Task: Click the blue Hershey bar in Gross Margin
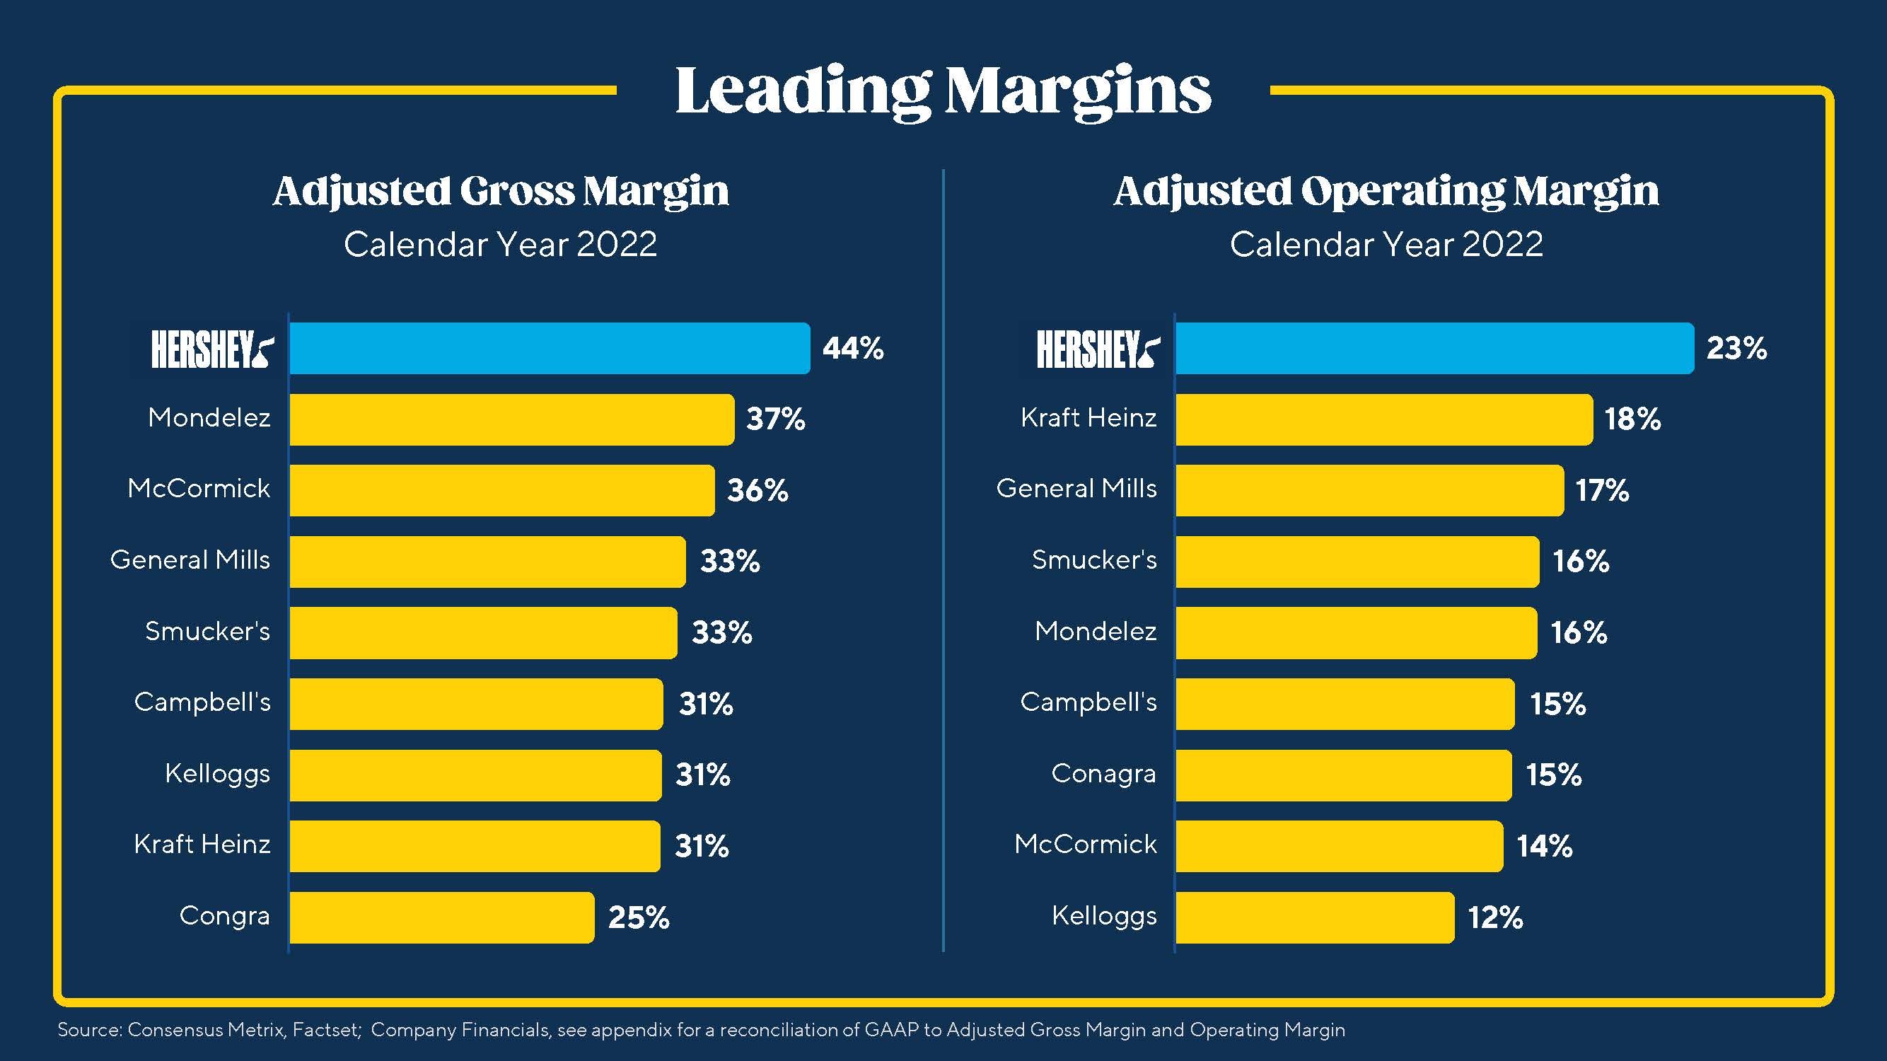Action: (550, 348)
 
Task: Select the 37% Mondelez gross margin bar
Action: (511, 419)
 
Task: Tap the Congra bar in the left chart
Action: (442, 917)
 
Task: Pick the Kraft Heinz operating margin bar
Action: (1383, 419)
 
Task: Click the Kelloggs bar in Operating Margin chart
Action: (1315, 917)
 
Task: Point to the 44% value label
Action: (853, 348)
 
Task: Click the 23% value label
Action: (1736, 348)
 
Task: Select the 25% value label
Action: (639, 917)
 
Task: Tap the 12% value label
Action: (1495, 917)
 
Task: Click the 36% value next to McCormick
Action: (757, 490)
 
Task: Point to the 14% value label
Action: (1544, 846)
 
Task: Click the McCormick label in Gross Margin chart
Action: (199, 489)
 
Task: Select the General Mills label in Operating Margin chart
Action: (1076, 489)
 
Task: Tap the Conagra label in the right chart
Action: (1103, 774)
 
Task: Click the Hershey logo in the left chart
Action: (211, 349)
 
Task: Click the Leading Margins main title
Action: (943, 91)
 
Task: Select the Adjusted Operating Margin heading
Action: (1386, 191)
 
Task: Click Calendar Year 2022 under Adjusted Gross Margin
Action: (500, 245)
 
